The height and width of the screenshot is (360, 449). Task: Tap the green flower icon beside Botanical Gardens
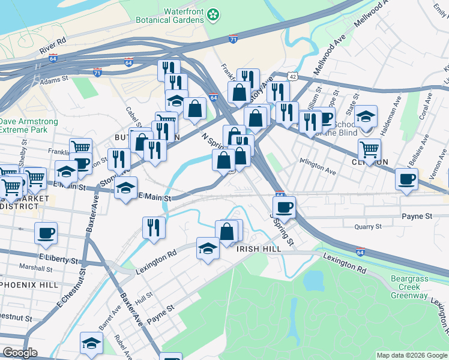point(213,14)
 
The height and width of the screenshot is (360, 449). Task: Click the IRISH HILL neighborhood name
point(259,249)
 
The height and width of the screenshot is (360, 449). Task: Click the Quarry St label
point(368,227)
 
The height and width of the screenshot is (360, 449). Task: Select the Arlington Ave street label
point(318,170)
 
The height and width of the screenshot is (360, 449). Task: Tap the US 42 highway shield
point(292,76)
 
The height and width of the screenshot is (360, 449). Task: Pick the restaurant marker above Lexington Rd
point(154,227)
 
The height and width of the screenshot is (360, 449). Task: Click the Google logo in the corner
point(20,353)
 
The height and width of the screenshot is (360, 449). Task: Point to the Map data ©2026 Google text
point(411,355)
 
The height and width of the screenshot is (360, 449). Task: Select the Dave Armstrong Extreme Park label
point(28,125)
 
